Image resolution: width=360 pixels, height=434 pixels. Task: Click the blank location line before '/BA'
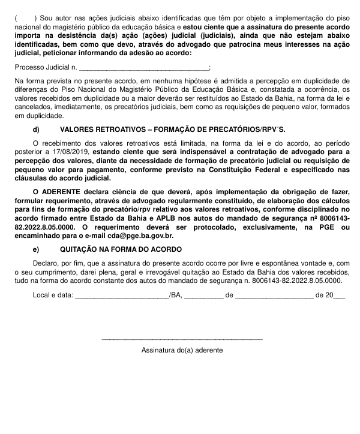click(122, 296)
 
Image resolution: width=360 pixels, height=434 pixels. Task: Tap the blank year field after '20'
click(339, 296)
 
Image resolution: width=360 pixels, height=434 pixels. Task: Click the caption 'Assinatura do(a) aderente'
click(182, 349)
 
